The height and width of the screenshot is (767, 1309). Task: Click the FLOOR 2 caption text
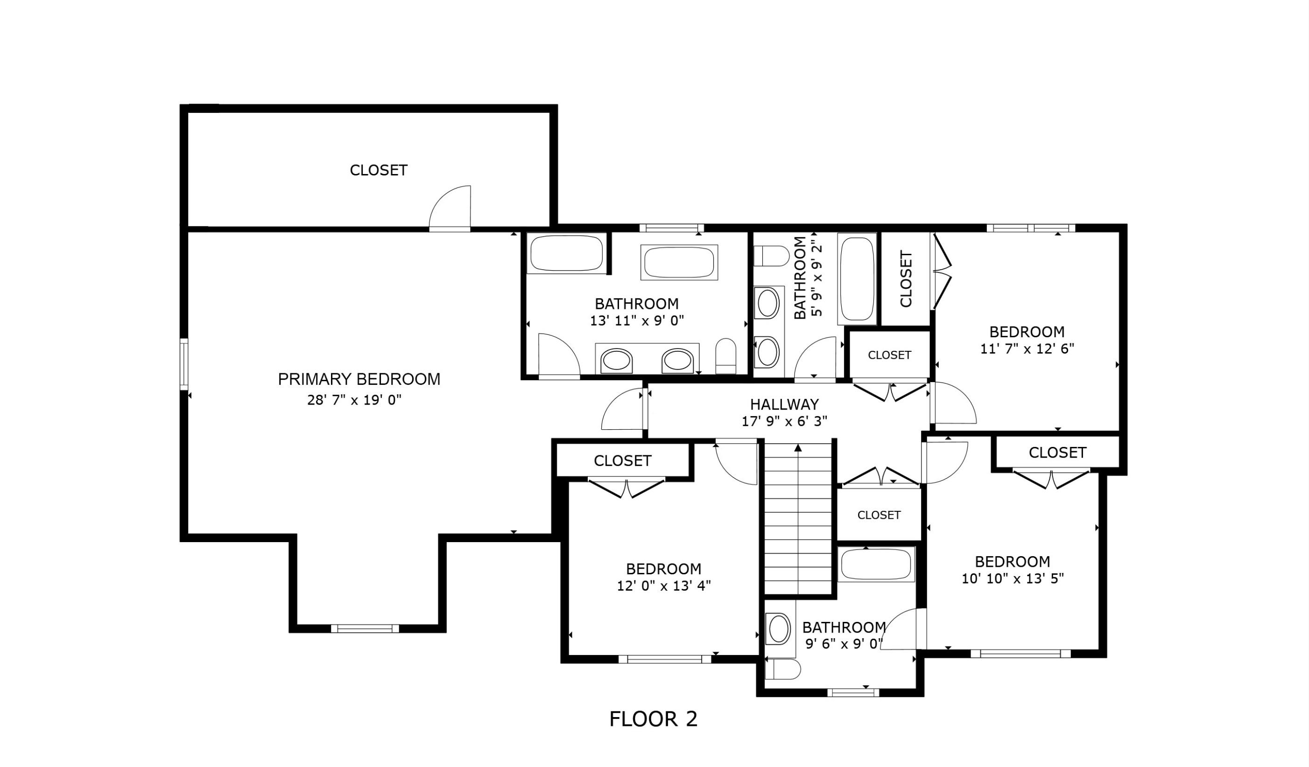click(653, 719)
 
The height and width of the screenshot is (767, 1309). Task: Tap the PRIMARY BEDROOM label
click(359, 379)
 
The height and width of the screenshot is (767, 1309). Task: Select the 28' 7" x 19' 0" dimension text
click(354, 400)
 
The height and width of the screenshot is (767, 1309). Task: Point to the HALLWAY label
click(784, 404)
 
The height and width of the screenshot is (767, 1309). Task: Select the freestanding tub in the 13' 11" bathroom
click(679, 262)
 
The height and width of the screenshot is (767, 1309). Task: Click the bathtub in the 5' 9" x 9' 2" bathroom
click(857, 279)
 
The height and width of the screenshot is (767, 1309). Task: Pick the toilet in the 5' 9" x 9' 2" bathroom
click(771, 256)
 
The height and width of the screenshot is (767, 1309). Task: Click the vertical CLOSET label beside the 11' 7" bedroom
click(905, 279)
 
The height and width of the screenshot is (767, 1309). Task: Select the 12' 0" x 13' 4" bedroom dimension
click(663, 586)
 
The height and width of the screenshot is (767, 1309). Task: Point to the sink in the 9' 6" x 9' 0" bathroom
click(779, 629)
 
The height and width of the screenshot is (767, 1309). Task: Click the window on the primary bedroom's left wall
click(184, 363)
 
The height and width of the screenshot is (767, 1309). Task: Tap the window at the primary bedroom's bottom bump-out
click(365, 628)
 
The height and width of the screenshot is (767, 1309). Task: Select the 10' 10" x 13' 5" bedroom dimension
click(1013, 579)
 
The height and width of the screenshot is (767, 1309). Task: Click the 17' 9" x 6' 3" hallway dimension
click(784, 421)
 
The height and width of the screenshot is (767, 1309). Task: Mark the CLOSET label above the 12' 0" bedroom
click(622, 460)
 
